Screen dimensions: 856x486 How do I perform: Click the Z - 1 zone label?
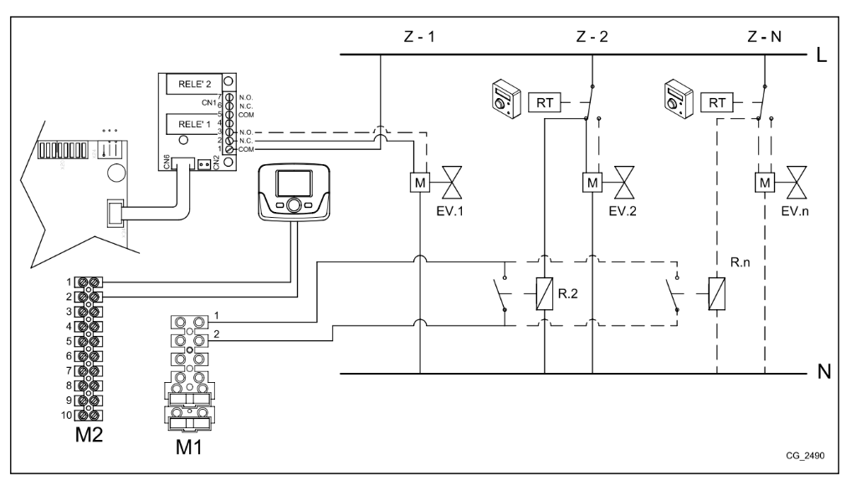tap(419, 37)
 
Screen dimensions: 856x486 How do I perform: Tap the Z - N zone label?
tap(764, 37)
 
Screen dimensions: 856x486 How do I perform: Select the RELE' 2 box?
tap(194, 84)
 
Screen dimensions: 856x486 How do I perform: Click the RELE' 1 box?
tap(194, 124)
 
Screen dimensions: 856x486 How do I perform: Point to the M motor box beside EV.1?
tap(420, 183)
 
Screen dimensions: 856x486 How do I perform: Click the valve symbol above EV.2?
tap(624, 183)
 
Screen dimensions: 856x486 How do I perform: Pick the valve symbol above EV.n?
tap(797, 183)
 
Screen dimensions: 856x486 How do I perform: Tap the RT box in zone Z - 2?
tap(544, 102)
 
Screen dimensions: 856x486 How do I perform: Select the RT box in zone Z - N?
tap(717, 102)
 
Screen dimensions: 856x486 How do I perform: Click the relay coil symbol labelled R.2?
tap(544, 293)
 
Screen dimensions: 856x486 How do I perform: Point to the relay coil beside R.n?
tap(717, 293)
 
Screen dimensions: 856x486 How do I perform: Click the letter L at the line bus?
tap(822, 54)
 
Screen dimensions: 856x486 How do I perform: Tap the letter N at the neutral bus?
tap(824, 372)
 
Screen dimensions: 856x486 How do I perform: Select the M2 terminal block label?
tap(89, 435)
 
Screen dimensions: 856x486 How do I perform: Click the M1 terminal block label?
tap(189, 447)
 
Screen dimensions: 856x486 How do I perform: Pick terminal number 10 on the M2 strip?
tap(67, 415)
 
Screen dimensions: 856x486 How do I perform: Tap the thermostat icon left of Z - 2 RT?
tap(506, 99)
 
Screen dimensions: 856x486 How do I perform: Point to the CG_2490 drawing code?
tap(805, 455)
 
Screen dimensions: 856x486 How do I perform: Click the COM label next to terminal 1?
tap(246, 149)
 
